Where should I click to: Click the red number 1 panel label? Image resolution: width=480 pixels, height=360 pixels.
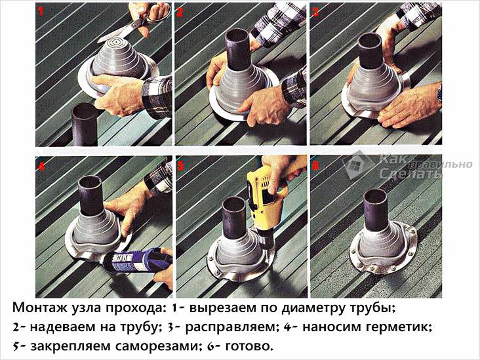click(x=41, y=11)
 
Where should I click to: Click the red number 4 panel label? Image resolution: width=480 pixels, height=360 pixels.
click(x=41, y=166)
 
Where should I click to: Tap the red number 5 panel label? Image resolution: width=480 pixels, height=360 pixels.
click(x=181, y=166)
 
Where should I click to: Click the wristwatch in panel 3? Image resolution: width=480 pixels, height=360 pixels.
click(x=439, y=93)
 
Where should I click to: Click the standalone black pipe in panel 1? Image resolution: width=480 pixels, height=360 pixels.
click(x=84, y=125)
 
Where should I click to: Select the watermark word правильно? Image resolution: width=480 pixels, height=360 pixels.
click(x=441, y=165)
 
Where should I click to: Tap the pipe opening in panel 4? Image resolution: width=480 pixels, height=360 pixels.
click(x=90, y=181)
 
